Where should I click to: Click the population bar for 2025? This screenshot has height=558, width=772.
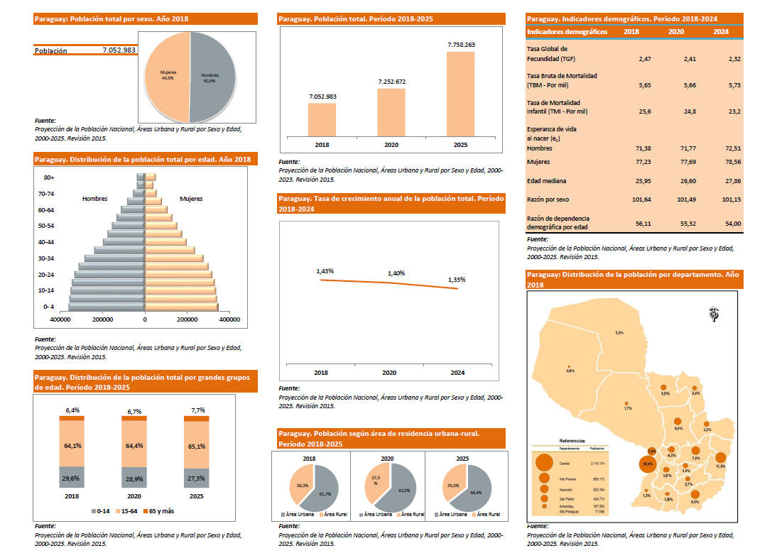(x=460, y=93)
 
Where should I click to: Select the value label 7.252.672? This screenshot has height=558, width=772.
(x=391, y=82)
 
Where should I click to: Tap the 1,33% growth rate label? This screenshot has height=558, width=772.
(x=457, y=280)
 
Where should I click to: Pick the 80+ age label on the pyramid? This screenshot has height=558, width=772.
(x=49, y=177)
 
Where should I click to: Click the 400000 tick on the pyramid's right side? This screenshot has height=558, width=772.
(x=229, y=319)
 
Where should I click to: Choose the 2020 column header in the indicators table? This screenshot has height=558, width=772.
(x=675, y=32)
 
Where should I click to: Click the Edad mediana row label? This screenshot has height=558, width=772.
(x=547, y=181)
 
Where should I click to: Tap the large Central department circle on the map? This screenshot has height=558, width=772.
(x=647, y=464)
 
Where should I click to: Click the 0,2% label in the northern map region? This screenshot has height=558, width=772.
(x=619, y=333)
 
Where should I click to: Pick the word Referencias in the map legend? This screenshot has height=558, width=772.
(x=572, y=441)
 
